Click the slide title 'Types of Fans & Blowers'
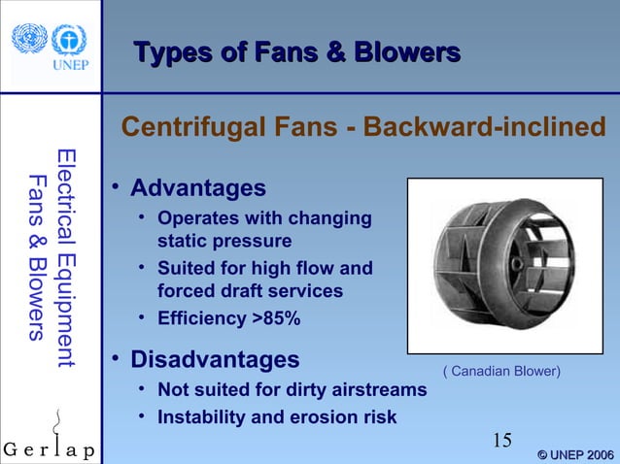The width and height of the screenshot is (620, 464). point(295,51)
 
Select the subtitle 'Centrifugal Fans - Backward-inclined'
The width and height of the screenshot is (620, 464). point(362,127)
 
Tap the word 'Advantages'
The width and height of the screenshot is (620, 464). point(197,186)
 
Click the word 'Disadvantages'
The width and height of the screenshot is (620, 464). point(215,360)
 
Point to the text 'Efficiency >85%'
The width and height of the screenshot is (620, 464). point(228,318)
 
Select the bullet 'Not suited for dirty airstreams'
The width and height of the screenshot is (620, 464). point(292,390)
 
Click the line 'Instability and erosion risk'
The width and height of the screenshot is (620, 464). point(277,417)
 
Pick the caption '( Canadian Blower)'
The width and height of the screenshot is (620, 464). point(501,371)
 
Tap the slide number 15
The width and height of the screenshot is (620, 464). point(501,441)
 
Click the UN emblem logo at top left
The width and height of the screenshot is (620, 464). point(29,38)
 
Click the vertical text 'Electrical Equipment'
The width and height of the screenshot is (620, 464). point(65,257)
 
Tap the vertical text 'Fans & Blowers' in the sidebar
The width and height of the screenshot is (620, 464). point(37,258)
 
